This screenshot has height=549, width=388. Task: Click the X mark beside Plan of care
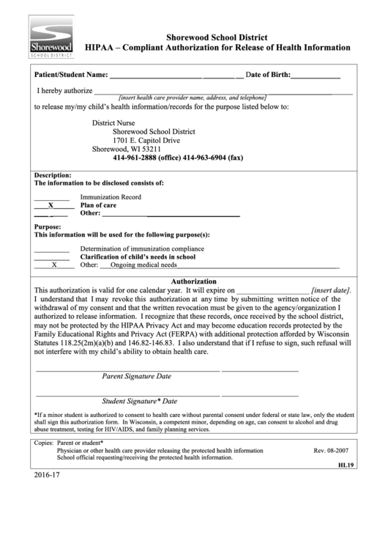(x=51, y=206)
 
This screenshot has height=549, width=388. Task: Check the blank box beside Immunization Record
(x=51, y=198)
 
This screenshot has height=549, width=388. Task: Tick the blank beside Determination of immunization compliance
(x=51, y=249)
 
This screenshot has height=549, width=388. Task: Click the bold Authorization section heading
(x=193, y=281)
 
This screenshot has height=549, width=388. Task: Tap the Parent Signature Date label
(x=136, y=377)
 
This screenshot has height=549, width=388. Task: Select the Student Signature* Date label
(x=139, y=402)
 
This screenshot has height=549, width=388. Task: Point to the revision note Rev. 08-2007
(x=330, y=451)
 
